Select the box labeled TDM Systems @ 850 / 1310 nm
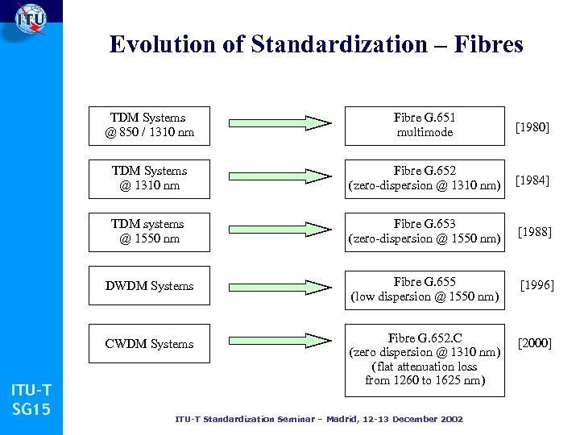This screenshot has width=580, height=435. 149,125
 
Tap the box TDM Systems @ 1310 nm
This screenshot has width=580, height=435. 149,178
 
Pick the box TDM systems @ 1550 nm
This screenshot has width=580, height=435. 149,231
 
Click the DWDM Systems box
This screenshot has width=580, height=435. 149,286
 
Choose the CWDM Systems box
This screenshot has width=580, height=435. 149,344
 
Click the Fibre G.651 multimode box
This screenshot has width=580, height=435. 425,125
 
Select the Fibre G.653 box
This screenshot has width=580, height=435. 425,231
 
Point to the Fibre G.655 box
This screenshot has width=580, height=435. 425,288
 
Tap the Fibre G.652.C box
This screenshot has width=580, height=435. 425,358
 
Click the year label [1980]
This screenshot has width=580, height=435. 532,126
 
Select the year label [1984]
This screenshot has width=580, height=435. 532,180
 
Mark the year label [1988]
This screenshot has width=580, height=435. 534,232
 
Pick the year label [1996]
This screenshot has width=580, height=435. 536,285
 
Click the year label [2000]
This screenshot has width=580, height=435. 535,344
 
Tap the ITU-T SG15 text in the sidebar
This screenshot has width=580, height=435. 31,401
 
